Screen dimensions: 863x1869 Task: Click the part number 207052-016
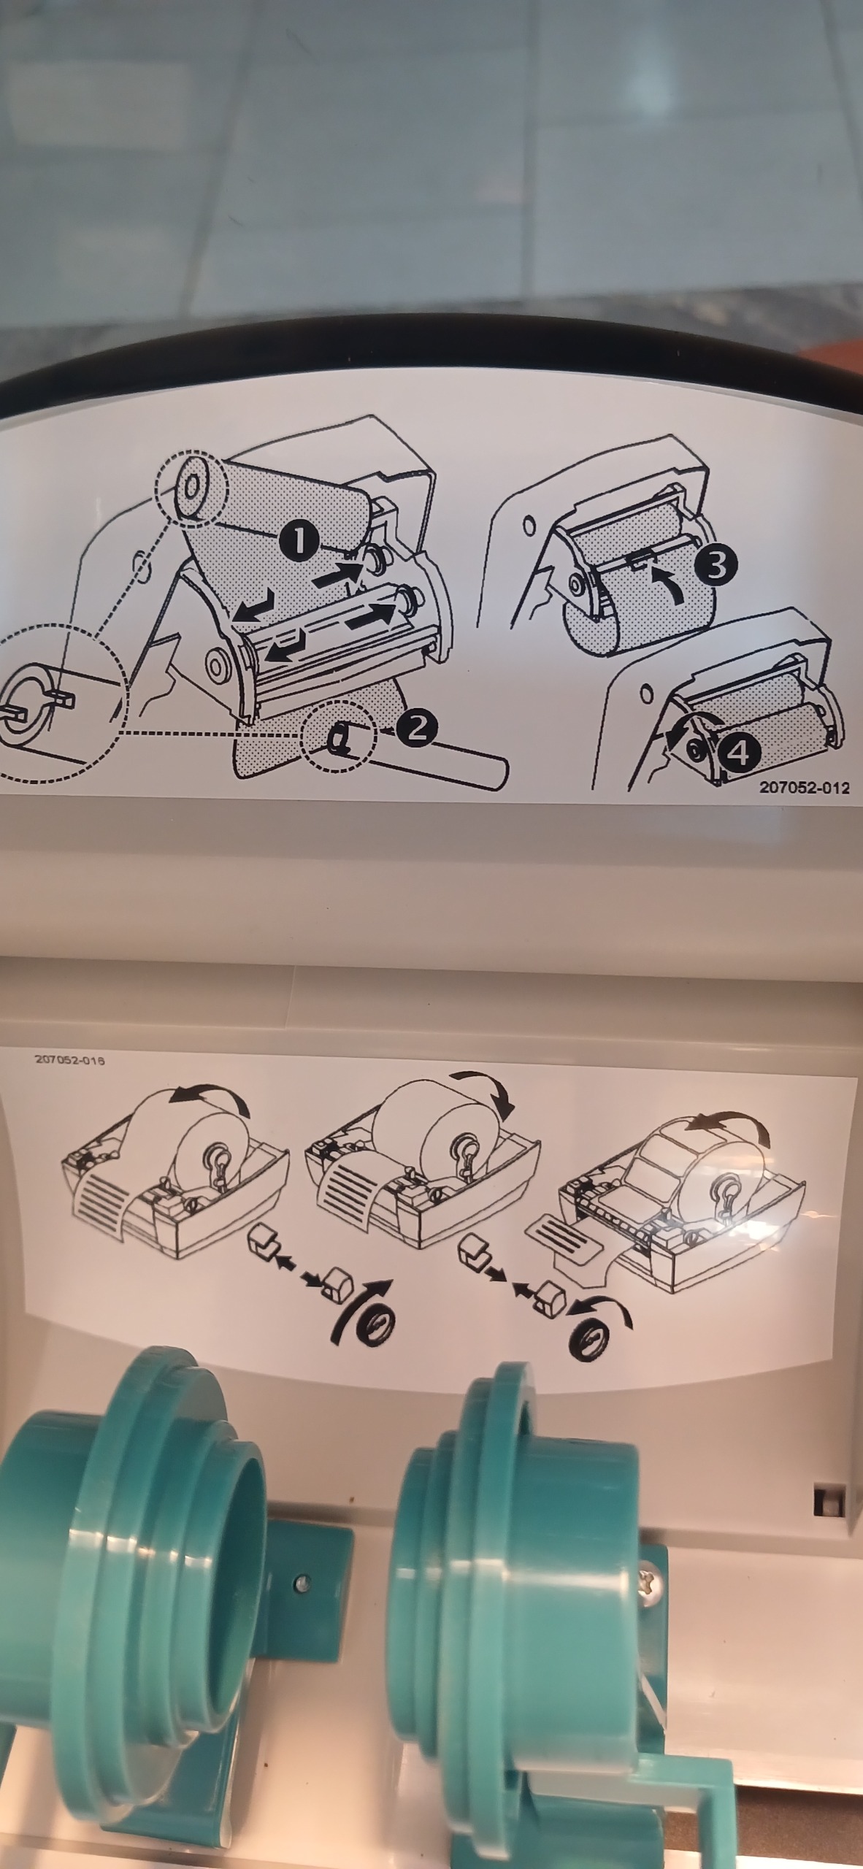(70, 1060)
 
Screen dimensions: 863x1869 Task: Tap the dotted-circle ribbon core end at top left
(191, 484)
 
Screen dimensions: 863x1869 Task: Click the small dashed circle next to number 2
(337, 738)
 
